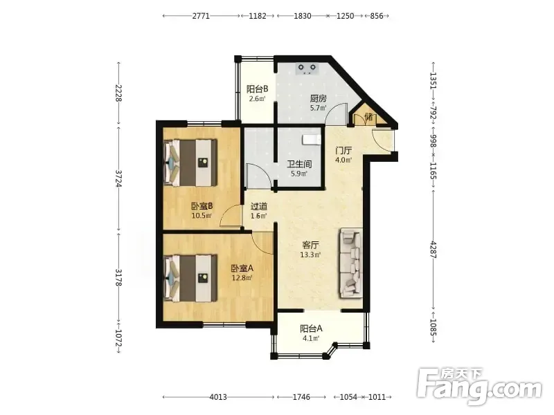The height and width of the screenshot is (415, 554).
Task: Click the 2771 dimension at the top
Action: click(201, 16)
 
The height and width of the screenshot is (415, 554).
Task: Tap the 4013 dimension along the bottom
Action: click(218, 397)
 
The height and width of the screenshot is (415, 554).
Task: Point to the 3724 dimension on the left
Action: click(118, 178)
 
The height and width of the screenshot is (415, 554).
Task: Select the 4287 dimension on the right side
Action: click(434, 250)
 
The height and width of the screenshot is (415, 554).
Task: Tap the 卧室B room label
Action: click(202, 206)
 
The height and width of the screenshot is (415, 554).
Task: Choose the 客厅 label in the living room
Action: click(310, 245)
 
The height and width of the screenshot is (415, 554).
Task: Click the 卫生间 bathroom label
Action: click(299, 164)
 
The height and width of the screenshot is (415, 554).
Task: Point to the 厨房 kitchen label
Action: click(318, 98)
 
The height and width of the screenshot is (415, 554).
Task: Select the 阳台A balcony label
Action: click(311, 329)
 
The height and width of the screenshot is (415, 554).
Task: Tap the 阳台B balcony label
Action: click(257, 89)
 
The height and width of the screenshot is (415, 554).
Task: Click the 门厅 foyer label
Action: click(343, 151)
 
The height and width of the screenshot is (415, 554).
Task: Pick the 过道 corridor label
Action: click(258, 206)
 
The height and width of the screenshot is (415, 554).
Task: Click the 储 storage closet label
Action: click(368, 117)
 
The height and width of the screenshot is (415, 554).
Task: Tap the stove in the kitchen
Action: click(306, 68)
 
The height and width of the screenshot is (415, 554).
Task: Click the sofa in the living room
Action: click(351, 264)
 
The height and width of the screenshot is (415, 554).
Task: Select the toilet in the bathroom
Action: click(311, 140)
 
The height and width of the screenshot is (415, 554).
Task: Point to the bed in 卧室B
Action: click(190, 163)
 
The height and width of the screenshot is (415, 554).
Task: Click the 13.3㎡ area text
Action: click(310, 255)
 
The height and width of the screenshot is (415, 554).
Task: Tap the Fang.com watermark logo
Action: click(479, 387)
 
